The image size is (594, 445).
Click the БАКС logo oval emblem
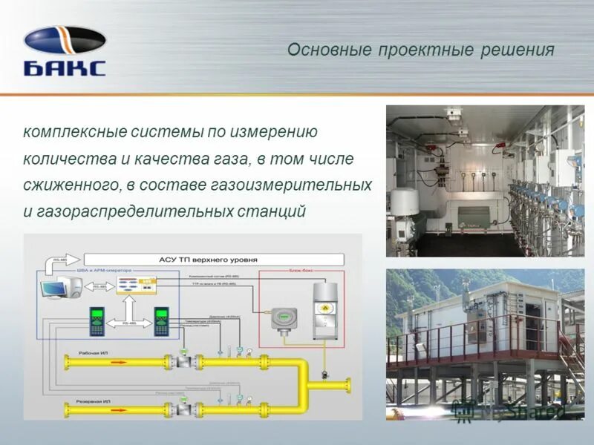pyautogui.click(x=65, y=40)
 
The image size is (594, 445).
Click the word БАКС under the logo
pyautogui.click(x=65, y=68)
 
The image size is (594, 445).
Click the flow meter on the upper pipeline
pyautogui.click(x=180, y=360)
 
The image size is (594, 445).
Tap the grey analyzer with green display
pyautogui.click(x=282, y=316)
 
